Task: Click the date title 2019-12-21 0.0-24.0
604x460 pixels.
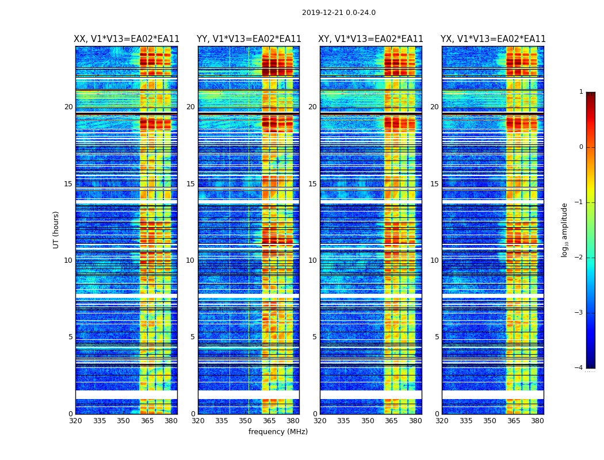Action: click(339, 13)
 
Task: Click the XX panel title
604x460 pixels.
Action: click(127, 39)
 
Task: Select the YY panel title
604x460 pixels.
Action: click(249, 39)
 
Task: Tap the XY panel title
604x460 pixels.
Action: click(371, 39)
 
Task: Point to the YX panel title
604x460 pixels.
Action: click(493, 39)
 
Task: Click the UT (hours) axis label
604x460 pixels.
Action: click(56, 229)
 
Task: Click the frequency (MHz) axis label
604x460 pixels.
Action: click(278, 432)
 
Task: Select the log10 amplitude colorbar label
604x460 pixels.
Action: click(565, 229)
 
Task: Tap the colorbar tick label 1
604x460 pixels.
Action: click(580, 92)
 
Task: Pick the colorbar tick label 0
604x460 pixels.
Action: click(580, 147)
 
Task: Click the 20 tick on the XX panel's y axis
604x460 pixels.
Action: click(68, 107)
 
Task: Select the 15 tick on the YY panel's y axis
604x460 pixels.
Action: click(190, 184)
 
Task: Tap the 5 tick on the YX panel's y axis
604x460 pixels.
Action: click(437, 337)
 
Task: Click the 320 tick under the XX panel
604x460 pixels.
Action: click(75, 421)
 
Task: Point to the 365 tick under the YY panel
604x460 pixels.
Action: click(269, 421)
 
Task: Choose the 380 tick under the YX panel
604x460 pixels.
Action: click(537, 421)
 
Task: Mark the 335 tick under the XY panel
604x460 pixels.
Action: click(343, 421)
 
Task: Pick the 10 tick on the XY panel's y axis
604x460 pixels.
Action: click(312, 260)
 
